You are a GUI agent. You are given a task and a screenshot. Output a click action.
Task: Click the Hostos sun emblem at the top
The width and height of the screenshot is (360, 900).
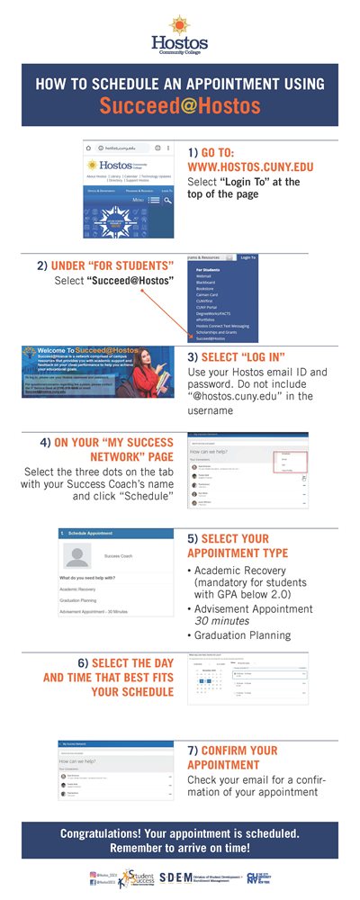coord(179,21)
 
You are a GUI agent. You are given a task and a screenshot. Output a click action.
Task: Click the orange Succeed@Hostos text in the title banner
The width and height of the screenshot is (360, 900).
coord(179,106)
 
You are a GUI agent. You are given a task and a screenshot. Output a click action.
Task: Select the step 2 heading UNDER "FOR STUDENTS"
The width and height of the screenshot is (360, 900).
coord(105,266)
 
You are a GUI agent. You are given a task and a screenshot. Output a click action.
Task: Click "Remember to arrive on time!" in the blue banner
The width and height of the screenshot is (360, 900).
coord(180,848)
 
